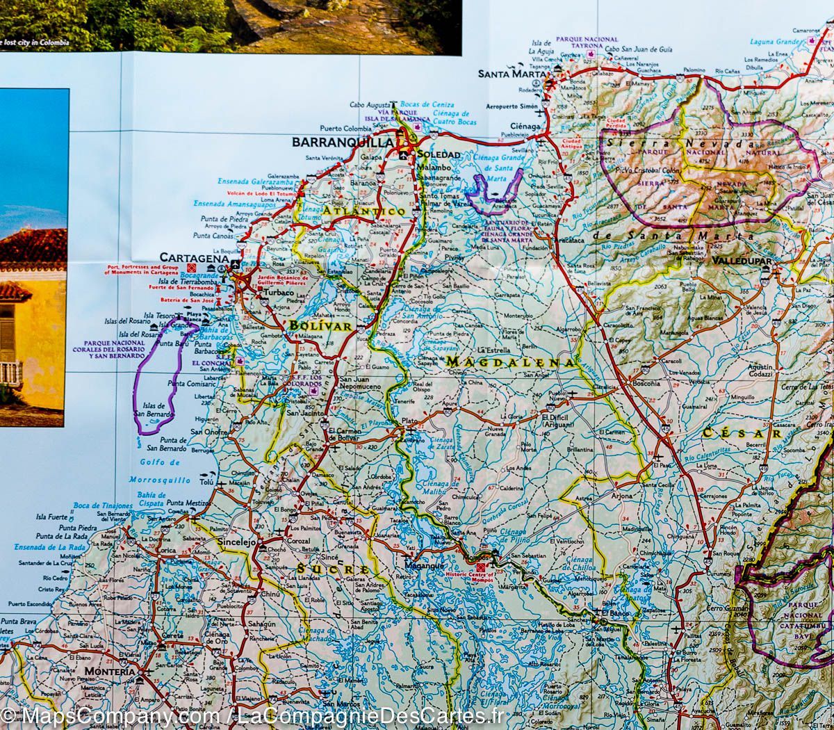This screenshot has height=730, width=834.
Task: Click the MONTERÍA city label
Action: coord(109,672)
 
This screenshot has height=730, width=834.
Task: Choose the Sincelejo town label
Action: coord(236,541)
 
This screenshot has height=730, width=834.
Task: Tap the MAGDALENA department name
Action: coord(510,362)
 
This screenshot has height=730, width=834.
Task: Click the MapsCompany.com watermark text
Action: coord(111,716)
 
